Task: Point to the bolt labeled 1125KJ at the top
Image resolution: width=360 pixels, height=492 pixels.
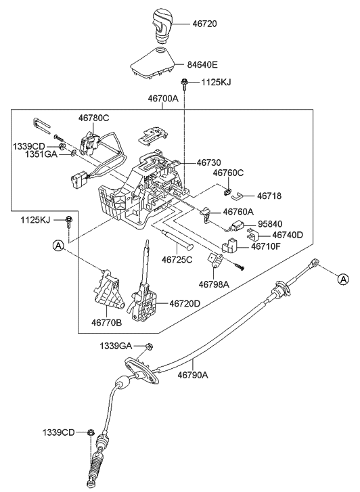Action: click(184, 84)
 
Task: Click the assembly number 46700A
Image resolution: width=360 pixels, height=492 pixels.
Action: click(163, 98)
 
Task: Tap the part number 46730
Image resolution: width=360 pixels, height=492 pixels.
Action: click(209, 163)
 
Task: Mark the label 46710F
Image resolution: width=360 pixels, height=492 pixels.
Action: click(267, 247)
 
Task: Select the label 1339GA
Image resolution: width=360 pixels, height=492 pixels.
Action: click(116, 346)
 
